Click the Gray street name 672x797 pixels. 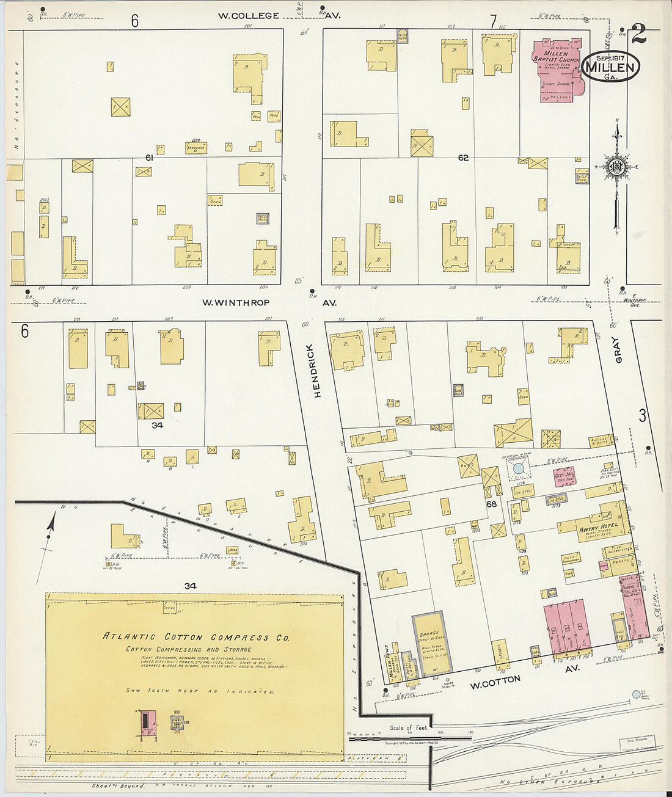[x=618, y=350]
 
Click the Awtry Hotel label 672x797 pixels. [x=598, y=527]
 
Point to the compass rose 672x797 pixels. [x=616, y=167]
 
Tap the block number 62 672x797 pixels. [x=463, y=158]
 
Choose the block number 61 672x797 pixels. [x=148, y=158]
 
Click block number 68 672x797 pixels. [x=491, y=504]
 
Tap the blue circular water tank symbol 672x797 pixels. [x=519, y=468]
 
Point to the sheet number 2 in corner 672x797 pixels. [x=638, y=35]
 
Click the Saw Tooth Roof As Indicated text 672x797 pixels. [x=200, y=691]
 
